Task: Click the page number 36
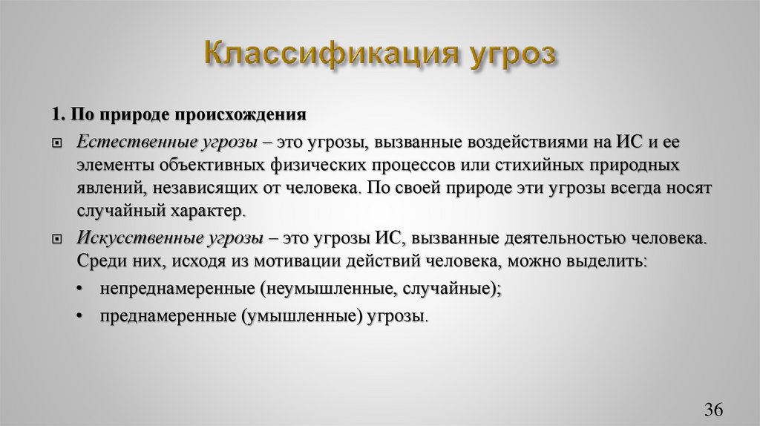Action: click(x=713, y=409)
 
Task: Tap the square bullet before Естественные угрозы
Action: click(x=57, y=142)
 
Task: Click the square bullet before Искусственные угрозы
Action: click(x=57, y=240)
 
